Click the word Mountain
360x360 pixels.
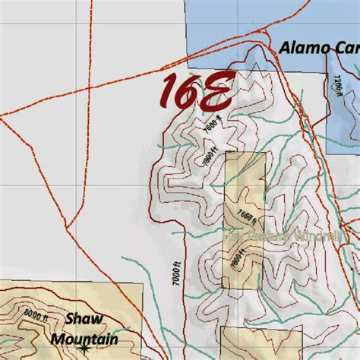(84, 339)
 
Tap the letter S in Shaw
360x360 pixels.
(70, 320)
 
